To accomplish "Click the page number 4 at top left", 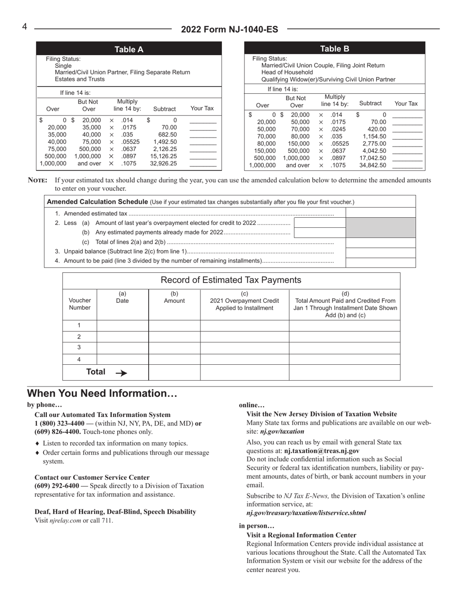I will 24,27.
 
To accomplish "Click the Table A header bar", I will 129,49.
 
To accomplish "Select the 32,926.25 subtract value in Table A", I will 164,164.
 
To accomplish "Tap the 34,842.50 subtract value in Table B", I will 373,165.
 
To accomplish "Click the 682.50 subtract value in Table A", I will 168,134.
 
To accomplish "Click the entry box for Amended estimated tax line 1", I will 381,213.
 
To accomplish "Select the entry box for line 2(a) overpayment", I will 320,223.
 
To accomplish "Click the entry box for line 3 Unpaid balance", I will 381,252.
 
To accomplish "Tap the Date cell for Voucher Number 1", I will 123,325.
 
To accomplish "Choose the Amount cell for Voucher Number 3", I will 174,348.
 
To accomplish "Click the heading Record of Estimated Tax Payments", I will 231,280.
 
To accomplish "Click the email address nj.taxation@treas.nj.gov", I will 322,450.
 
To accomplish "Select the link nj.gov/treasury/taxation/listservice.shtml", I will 306,513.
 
